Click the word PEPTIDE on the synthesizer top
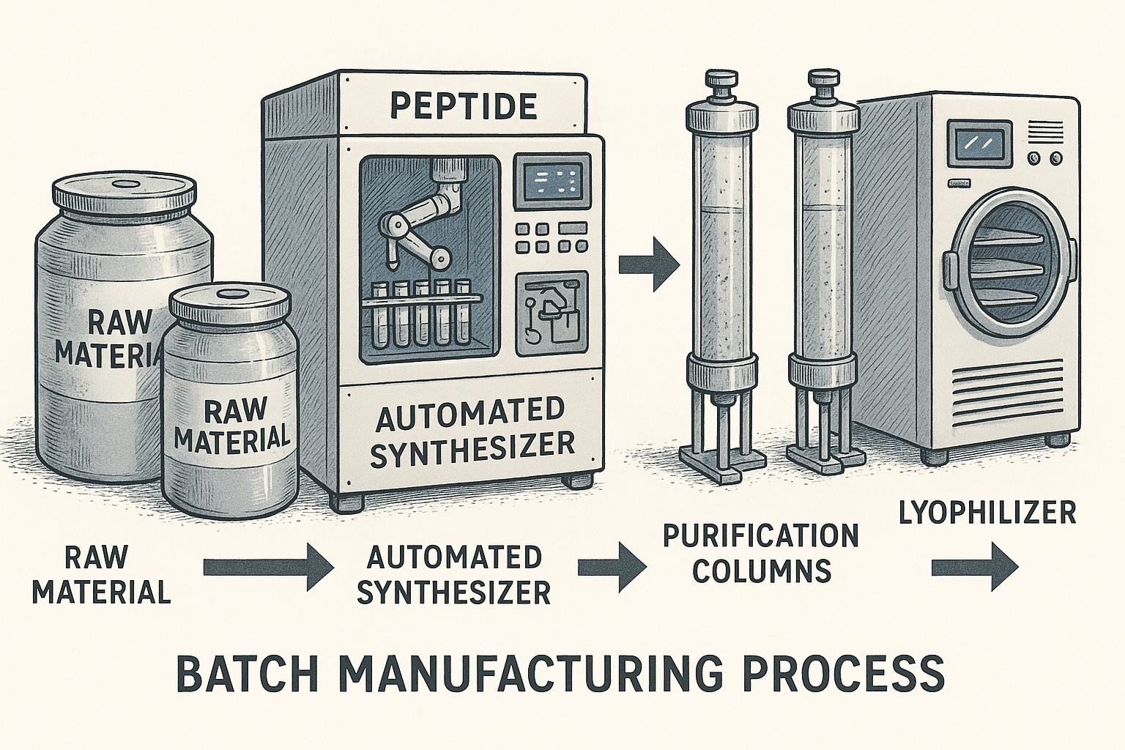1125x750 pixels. point(463,107)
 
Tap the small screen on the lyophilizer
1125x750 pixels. point(979,144)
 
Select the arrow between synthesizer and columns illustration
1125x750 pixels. point(649,264)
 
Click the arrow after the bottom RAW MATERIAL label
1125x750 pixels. point(267,567)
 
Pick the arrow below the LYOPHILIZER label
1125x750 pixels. point(974,566)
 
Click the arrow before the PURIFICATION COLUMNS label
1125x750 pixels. point(612,567)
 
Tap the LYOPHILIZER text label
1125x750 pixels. point(987,513)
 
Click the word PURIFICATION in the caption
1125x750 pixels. point(760,536)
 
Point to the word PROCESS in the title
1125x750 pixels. point(842,674)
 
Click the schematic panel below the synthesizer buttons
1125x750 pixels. point(552,313)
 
